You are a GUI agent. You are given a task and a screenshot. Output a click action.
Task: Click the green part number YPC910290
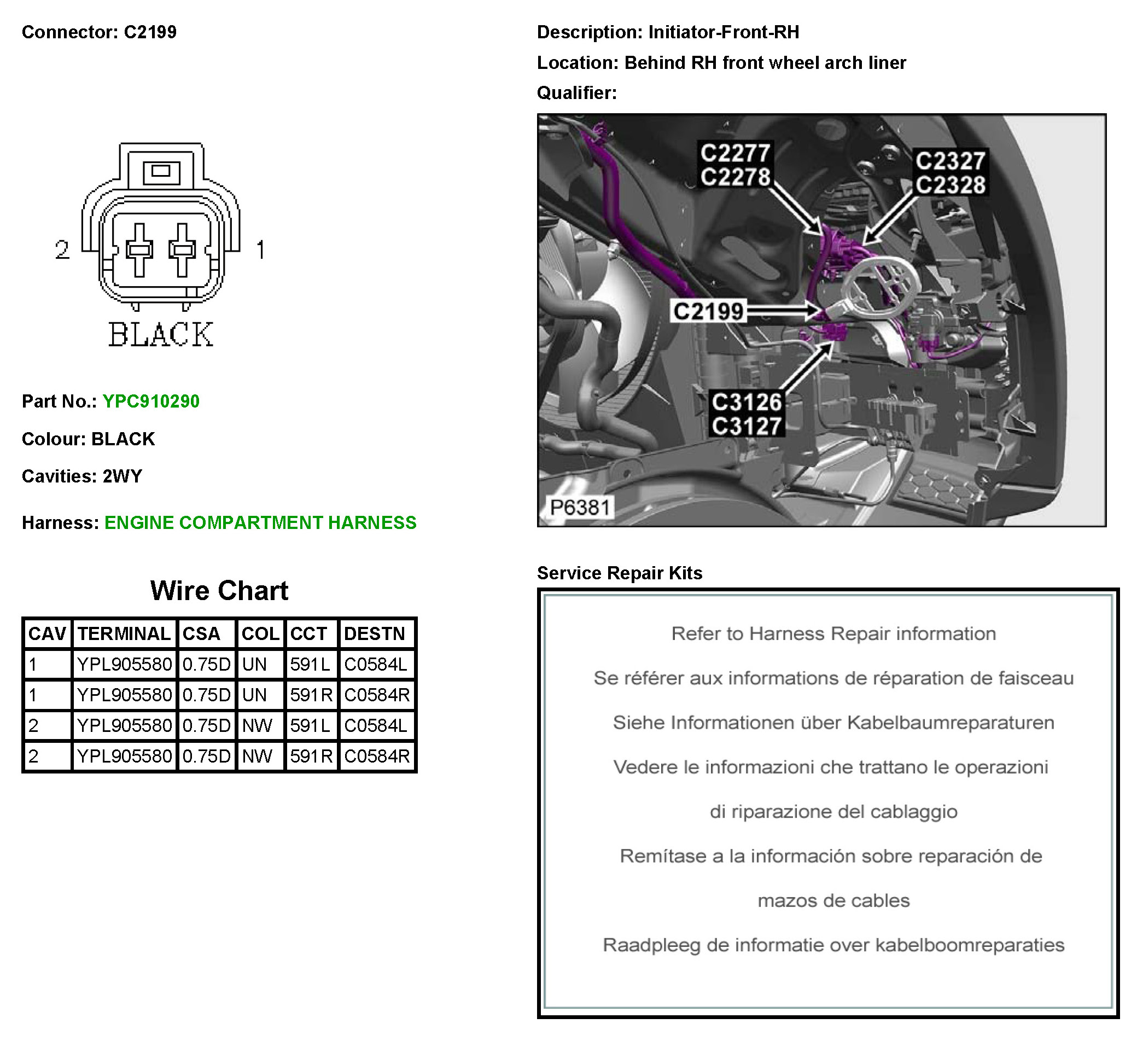151,401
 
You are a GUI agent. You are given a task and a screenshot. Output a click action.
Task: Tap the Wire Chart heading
219,590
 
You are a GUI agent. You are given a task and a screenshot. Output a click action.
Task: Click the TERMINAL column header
124,633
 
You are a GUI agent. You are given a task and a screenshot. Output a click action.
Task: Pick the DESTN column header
375,633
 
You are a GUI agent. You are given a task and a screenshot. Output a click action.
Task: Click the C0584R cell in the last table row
377,756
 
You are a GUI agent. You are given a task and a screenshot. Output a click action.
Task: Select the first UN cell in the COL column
254,664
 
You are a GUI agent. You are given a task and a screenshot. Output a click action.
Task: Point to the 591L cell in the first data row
310,664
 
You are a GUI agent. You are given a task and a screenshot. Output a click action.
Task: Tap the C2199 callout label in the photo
708,311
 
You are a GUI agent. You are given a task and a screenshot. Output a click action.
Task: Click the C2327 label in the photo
951,161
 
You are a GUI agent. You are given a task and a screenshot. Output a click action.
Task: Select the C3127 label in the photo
747,426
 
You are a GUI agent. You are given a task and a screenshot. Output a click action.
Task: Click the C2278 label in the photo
736,177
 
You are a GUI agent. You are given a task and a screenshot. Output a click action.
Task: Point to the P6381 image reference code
580,507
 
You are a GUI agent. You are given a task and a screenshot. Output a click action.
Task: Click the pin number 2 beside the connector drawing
62,250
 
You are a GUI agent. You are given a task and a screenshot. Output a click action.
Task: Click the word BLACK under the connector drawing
161,334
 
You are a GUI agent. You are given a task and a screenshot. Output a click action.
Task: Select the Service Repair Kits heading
619,573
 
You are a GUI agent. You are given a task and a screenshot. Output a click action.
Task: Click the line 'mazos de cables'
833,900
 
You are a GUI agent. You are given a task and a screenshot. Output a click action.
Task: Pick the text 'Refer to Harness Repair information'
833,633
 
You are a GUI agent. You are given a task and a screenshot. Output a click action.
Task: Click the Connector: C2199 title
99,32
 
